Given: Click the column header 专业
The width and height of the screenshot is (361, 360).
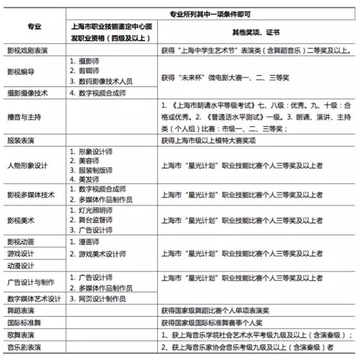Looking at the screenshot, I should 34,27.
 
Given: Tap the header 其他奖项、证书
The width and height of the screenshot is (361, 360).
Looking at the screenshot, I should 259,33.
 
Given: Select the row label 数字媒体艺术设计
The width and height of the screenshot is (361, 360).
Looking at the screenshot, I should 34,298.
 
